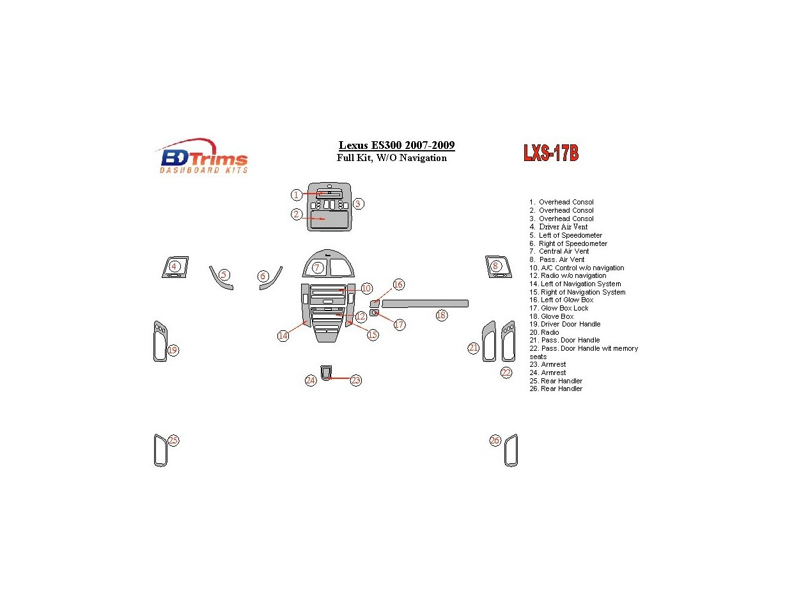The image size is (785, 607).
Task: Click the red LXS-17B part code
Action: point(550,153)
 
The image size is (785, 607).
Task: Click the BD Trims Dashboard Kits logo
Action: point(201,156)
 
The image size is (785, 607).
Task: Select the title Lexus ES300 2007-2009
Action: point(396,145)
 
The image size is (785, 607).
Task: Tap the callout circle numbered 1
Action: point(296,194)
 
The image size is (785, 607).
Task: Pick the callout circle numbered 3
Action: point(359,204)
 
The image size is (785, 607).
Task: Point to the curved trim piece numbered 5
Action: point(219,279)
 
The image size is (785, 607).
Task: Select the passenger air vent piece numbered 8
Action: point(497,266)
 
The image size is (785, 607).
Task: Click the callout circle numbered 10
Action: point(366,288)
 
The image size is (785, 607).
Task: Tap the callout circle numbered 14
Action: point(283,335)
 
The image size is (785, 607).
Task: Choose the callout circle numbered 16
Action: point(398,284)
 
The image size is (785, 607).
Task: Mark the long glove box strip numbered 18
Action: point(425,303)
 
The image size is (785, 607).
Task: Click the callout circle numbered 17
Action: point(399,325)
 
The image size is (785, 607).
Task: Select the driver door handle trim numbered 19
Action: point(159,341)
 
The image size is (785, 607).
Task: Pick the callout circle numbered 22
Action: point(506,373)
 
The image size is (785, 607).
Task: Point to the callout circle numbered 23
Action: point(355,380)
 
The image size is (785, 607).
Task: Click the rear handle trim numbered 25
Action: point(160,450)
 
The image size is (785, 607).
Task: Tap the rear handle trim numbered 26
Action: point(511,450)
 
